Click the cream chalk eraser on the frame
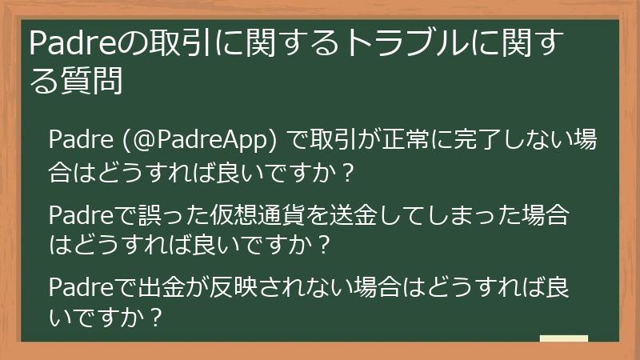coord(564,340)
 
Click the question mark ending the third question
coord(158,318)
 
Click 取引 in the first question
coord(325,142)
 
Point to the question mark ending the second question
coord(324,244)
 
